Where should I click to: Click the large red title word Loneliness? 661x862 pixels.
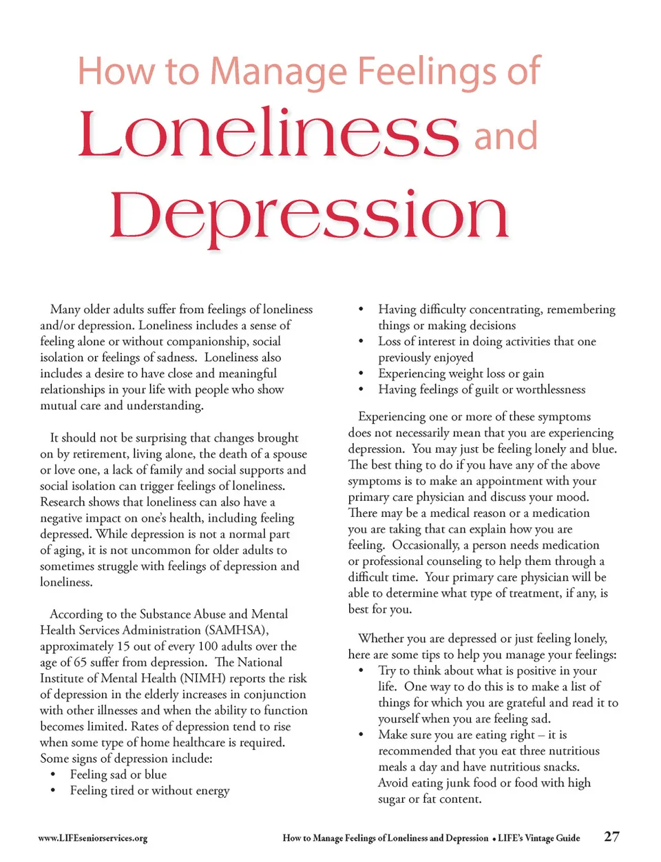point(269,134)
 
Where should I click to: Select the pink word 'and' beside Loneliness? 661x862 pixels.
point(505,136)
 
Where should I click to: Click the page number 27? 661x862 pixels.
point(611,837)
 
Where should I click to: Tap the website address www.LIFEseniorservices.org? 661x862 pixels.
point(93,839)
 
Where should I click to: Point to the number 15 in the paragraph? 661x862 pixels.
point(123,646)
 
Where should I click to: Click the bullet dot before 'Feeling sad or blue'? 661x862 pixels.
point(53,775)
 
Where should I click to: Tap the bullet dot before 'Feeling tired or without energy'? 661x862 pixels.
point(53,791)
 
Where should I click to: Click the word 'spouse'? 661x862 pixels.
point(289,454)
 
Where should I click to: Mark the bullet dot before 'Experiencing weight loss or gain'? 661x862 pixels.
point(361,373)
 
